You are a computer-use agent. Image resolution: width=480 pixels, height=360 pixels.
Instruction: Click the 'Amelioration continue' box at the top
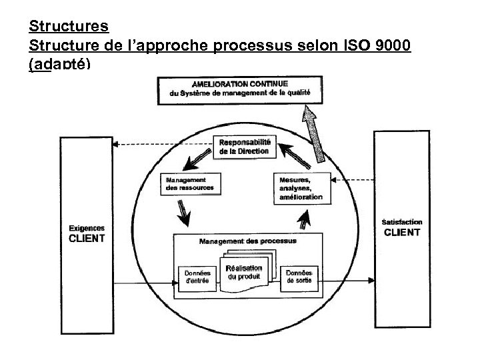tap(239, 90)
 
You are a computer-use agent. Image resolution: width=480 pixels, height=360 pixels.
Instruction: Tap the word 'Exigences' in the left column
tap(87, 227)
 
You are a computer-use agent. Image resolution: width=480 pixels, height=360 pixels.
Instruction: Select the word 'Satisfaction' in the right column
tap(401, 222)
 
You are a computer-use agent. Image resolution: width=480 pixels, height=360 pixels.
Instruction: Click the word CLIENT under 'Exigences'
tap(87, 239)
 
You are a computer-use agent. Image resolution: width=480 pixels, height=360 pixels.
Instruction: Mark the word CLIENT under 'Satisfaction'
tap(401, 233)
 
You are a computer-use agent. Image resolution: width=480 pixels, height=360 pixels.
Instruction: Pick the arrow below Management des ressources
tap(183, 213)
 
